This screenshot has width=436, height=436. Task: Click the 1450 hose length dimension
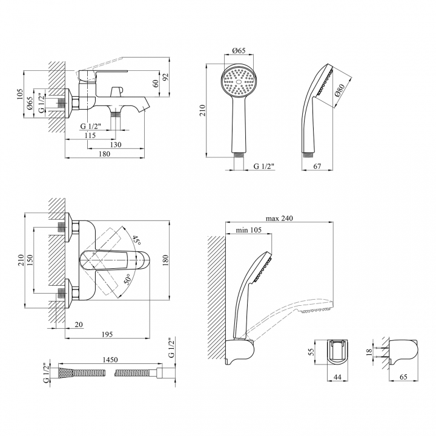point(110,360)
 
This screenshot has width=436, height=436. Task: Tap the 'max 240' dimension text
point(279,218)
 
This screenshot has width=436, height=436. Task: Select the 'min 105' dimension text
point(249,230)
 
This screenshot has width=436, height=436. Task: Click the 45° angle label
point(136,240)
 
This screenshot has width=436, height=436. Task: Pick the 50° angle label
point(127,279)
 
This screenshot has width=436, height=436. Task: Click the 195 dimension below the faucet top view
point(107,334)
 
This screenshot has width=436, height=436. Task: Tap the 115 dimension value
point(90,136)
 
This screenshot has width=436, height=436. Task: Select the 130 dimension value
point(116,145)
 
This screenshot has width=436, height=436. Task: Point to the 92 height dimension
point(166,77)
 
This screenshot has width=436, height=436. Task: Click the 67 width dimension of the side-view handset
point(317,167)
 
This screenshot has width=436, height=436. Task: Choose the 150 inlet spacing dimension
point(30,260)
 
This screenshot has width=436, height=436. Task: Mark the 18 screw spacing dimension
point(369,352)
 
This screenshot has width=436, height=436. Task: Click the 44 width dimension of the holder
point(337,377)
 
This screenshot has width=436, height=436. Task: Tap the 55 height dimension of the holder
point(311,352)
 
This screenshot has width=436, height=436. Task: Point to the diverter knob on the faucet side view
point(116,91)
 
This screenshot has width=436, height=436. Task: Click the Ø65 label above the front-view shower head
point(239,50)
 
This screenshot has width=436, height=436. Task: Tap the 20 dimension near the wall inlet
point(79,325)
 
